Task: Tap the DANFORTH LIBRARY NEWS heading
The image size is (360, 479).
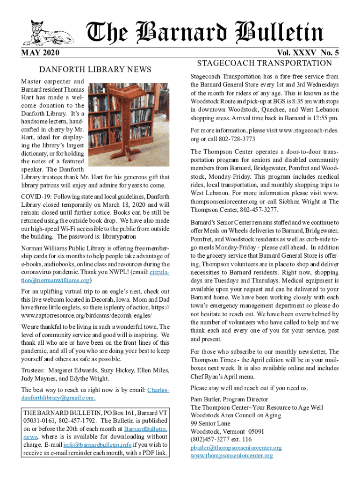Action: [95, 70]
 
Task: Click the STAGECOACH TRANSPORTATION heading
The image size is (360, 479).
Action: [265, 63]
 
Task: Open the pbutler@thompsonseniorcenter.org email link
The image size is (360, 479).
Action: [236, 447]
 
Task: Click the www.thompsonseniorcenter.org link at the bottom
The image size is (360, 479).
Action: [231, 455]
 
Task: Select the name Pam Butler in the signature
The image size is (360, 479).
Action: [206, 399]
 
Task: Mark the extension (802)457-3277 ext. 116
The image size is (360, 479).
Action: [221, 439]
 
